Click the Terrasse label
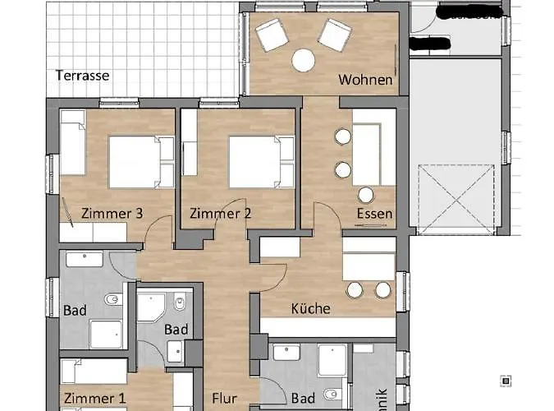click(x=82, y=75)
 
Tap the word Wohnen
click(x=365, y=81)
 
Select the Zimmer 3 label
click(x=112, y=214)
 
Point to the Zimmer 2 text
click(x=220, y=214)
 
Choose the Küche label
click(x=311, y=309)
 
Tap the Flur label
click(x=224, y=399)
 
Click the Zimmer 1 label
click(x=94, y=399)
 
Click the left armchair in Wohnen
click(x=271, y=36)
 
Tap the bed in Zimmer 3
click(x=135, y=161)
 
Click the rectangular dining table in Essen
click(x=366, y=154)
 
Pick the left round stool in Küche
click(x=355, y=289)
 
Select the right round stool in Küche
click(x=382, y=289)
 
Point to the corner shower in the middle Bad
click(x=150, y=307)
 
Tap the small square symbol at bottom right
click(x=506, y=381)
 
